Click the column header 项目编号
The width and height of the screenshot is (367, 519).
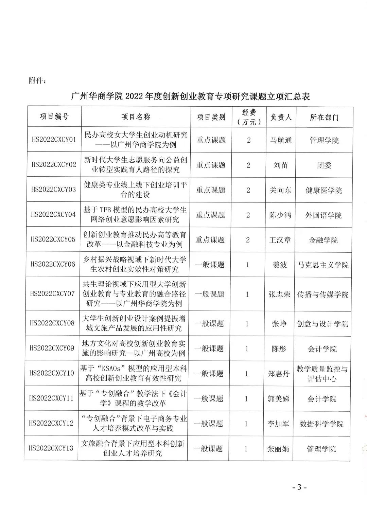coord(54,117)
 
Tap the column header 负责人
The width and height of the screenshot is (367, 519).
coord(281,117)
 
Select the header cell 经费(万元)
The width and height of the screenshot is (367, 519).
coord(249,117)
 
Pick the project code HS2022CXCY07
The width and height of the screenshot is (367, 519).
coord(52,293)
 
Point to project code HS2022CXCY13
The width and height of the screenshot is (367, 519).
coord(51,448)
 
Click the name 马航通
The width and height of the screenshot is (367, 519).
coord(281,140)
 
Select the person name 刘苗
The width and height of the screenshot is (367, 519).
coord(281,165)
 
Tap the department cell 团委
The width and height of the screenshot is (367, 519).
coord(324,165)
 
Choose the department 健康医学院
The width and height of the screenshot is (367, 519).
coord(324,190)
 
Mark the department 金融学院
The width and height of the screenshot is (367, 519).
coord(323,240)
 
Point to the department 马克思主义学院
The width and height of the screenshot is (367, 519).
coord(323,265)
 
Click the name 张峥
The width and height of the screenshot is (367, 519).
coord(279,324)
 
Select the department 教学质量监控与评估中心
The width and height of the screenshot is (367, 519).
coord(322,374)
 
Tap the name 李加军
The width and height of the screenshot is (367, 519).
coord(278,424)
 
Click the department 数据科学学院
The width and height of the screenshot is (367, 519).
coord(321,424)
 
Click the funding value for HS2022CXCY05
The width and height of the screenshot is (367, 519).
coord(248,240)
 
